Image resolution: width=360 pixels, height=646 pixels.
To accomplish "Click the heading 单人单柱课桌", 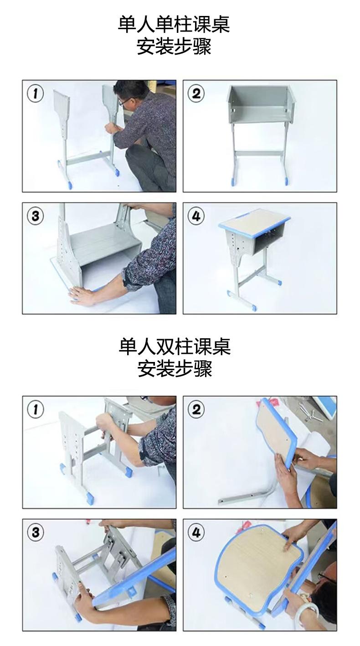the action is pos(174,25).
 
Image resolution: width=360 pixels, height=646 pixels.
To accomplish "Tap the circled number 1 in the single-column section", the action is pos(35,93).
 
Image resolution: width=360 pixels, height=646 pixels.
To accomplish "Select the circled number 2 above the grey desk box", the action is pos(196,93).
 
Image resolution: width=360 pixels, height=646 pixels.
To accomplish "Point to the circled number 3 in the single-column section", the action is pos(35,216).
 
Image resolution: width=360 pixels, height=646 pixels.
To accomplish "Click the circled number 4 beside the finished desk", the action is pos(196,216).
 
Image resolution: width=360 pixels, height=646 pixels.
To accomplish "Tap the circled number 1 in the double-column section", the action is pos(35,409).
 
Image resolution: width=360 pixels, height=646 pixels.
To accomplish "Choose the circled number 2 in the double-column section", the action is pos(196,409).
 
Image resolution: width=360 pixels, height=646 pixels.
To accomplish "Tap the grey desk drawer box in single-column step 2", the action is pos(260,104).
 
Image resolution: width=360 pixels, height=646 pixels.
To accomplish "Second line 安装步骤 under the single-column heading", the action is pos(174,47).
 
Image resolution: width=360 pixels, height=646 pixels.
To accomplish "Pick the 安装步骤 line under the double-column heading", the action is pos(175,368).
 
